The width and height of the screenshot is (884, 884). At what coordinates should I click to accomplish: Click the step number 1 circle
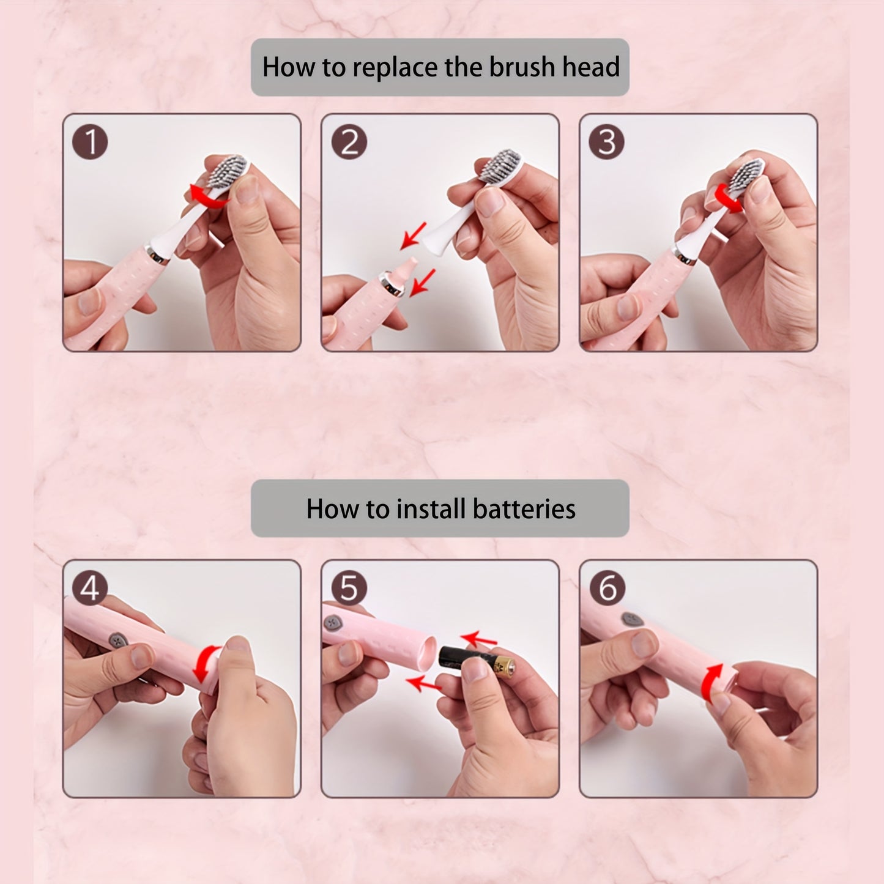click(90, 141)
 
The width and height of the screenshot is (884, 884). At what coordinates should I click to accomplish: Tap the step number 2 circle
click(349, 141)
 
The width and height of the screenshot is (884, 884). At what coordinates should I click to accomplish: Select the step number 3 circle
click(606, 141)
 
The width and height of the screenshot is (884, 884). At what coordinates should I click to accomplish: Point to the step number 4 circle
click(90, 588)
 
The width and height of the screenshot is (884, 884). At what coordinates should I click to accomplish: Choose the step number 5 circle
click(349, 588)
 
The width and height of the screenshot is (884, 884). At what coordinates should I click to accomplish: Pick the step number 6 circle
click(608, 588)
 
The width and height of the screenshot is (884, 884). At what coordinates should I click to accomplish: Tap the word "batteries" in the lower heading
click(524, 509)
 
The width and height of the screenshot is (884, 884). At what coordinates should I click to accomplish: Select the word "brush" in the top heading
click(522, 67)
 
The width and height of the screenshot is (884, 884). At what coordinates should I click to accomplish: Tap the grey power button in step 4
click(118, 640)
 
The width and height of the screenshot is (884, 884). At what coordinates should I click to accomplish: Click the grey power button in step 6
click(632, 620)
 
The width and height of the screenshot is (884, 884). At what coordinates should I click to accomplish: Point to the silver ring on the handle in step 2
click(392, 283)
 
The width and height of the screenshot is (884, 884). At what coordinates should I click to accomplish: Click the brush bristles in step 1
click(226, 171)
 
